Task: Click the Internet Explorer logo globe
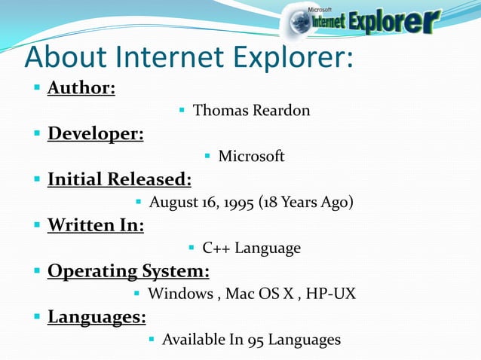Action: [296, 22]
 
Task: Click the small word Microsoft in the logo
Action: [320, 9]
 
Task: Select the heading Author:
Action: [81, 89]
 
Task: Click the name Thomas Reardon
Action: [251, 111]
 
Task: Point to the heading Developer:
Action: [96, 134]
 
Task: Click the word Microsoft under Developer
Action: [251, 157]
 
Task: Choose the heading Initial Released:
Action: [119, 180]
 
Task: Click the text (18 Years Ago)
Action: [305, 203]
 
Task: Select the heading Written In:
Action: [96, 225]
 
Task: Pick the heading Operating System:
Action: [128, 271]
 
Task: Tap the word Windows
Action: [180, 294]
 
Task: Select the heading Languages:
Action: [97, 317]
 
